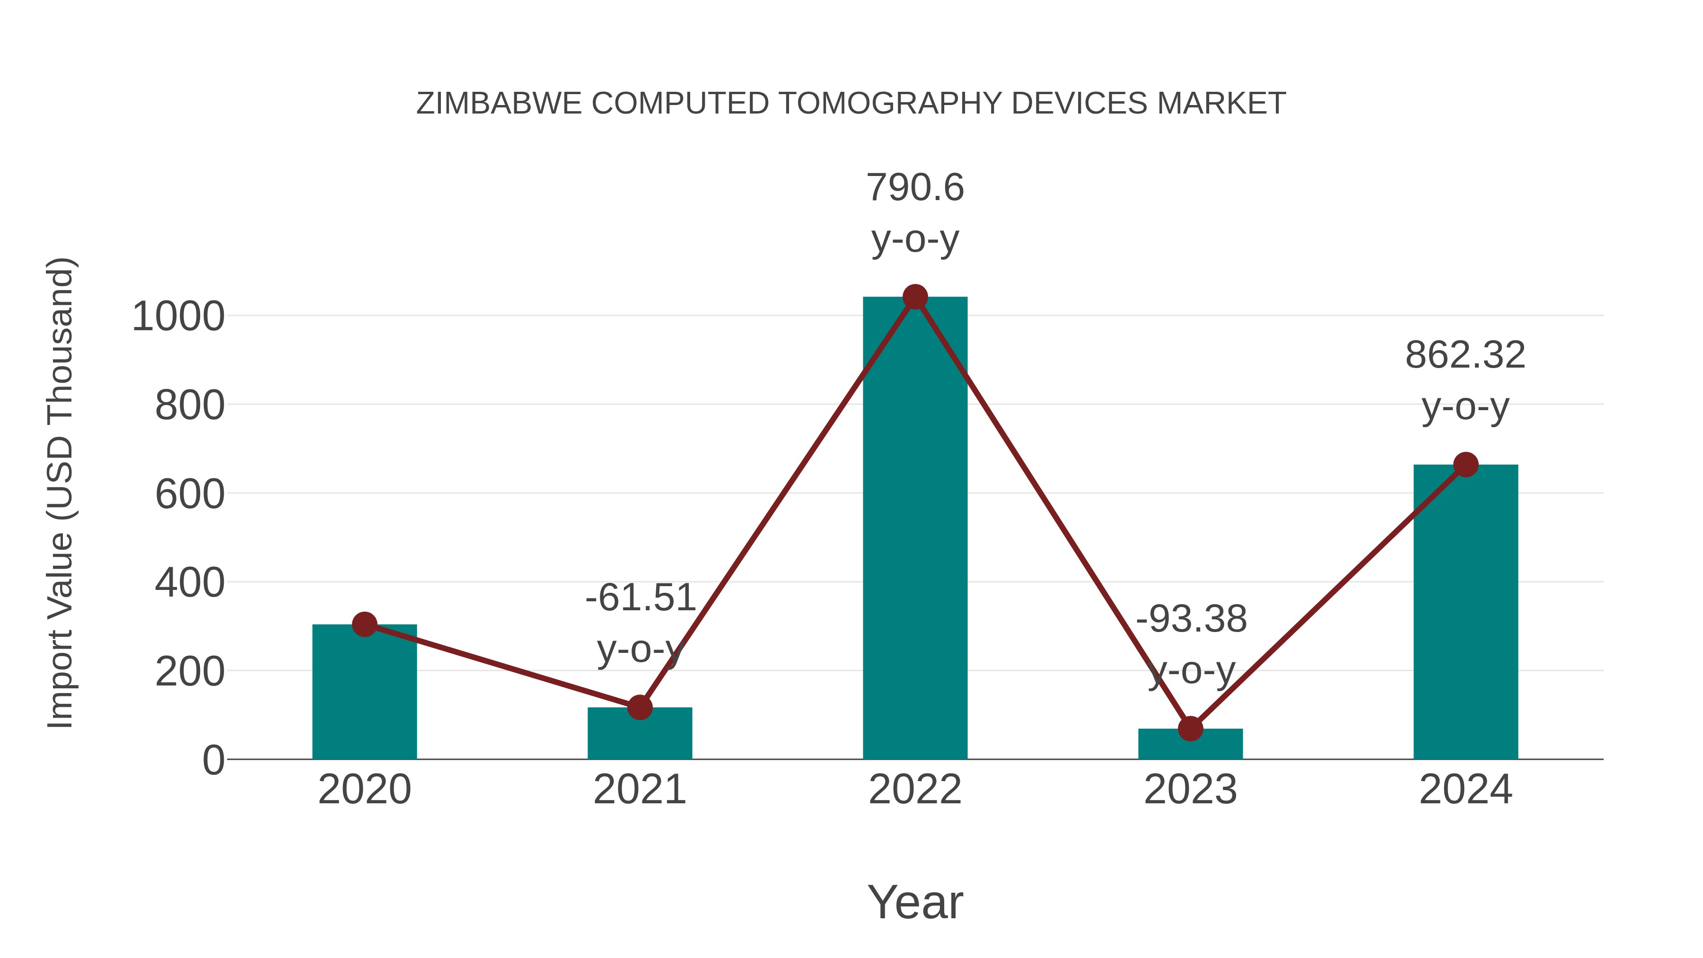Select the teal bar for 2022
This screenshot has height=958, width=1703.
coord(915,529)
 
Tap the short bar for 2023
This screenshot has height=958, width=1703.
coord(1190,745)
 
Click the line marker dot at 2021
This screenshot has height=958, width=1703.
coord(639,707)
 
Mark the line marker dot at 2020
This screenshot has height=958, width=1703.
coord(364,624)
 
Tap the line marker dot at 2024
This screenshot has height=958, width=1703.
coord(1466,465)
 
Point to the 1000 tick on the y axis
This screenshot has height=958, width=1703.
coord(178,316)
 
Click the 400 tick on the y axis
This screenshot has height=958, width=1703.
coord(189,583)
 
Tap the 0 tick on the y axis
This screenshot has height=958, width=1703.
coord(213,760)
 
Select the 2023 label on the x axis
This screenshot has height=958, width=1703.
coord(1190,790)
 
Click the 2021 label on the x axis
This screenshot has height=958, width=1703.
coord(639,790)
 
